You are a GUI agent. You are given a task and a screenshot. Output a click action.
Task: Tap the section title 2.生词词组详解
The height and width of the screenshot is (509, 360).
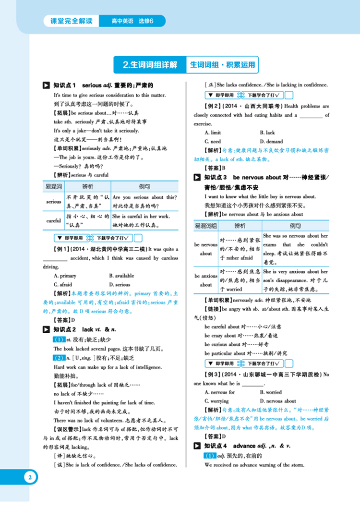(150, 64)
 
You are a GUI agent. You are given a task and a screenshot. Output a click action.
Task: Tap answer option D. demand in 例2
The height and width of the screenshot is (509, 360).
(271, 142)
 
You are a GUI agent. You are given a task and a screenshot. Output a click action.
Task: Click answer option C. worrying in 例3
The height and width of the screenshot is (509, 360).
(216, 401)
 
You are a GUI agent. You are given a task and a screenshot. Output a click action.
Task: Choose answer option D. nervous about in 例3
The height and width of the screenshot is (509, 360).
(278, 401)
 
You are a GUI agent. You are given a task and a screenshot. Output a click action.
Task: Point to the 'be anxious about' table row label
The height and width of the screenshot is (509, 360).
(206, 280)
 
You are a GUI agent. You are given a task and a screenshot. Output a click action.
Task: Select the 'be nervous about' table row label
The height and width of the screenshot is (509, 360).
(206, 249)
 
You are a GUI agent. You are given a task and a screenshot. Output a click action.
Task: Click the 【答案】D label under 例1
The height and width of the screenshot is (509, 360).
(62, 320)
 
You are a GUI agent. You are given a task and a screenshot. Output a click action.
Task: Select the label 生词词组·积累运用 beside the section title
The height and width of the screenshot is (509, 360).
(221, 64)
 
